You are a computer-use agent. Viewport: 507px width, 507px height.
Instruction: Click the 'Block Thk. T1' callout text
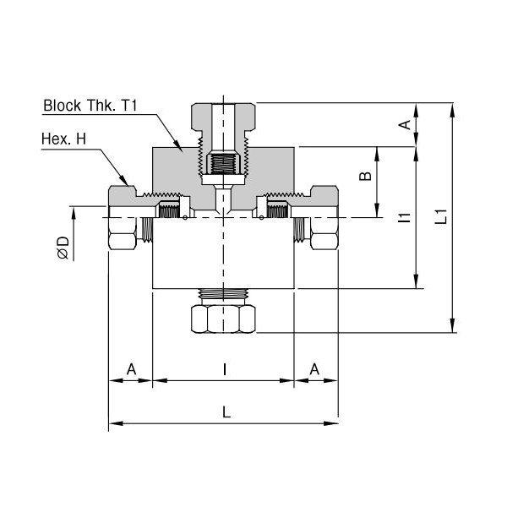90,106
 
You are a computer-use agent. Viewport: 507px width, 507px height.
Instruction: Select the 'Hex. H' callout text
63,139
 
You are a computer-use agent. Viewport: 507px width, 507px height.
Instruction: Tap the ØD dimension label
63,248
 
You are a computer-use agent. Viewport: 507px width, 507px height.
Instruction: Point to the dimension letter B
366,176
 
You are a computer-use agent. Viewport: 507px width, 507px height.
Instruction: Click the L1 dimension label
441,216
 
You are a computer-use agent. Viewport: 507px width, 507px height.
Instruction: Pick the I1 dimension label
405,217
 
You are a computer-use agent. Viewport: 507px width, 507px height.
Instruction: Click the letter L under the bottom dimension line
226,412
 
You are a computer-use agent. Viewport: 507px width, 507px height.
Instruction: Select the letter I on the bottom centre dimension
225,369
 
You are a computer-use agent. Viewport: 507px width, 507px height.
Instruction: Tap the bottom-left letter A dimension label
131,369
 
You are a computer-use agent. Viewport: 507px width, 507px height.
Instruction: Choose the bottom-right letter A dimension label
314,369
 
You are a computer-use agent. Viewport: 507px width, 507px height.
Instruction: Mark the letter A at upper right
406,124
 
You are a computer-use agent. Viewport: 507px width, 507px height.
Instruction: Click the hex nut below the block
223,319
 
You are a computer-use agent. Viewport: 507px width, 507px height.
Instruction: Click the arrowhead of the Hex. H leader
124,181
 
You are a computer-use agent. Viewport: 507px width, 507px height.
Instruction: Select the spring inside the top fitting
223,164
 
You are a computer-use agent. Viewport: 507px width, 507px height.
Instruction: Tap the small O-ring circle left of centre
184,217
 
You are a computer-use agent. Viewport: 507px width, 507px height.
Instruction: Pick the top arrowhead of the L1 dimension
453,110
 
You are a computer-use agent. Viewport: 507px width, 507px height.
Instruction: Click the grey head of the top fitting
223,117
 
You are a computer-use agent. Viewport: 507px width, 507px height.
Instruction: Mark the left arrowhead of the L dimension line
117,423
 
